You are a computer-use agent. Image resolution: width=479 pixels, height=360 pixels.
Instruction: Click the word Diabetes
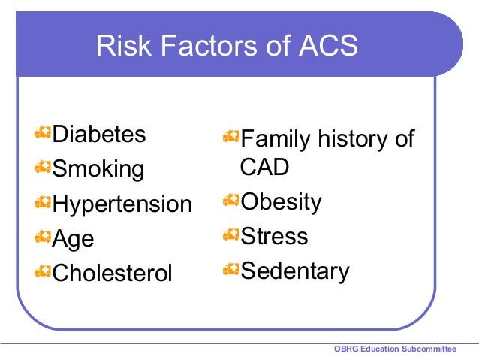tap(98, 135)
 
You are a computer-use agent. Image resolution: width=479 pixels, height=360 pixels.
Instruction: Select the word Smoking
tap(98, 169)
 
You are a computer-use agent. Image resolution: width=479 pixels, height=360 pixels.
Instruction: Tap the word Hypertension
tap(122, 204)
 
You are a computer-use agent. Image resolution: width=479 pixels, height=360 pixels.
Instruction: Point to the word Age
tap(73, 238)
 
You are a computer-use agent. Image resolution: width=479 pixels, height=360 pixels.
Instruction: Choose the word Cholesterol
tap(112, 272)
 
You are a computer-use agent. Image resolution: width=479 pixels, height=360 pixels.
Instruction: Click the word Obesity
tap(281, 202)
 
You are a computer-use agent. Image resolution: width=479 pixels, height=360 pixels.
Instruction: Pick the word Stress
tap(274, 236)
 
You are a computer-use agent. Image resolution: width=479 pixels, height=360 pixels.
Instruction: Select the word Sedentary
tap(294, 271)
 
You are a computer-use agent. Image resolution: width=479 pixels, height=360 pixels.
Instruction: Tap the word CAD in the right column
tap(264, 167)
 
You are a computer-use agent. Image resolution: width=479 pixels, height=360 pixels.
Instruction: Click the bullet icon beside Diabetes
tap(43, 134)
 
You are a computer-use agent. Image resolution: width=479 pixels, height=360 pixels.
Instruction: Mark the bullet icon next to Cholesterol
tap(43, 270)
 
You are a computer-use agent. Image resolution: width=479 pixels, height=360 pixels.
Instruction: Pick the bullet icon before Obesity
tap(230, 201)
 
